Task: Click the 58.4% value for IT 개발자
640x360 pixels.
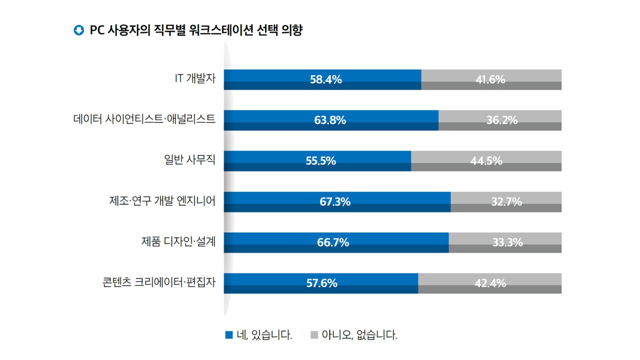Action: tap(325, 79)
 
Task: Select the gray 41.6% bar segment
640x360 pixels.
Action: tap(491, 79)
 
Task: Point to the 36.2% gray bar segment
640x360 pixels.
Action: tap(500, 120)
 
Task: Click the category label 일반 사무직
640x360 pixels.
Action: tap(186, 161)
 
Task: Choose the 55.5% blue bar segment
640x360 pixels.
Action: tap(317, 161)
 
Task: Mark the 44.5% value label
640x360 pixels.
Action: tap(486, 161)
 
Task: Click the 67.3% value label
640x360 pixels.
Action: tap(335, 202)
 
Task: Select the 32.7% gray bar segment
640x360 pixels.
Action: tap(506, 202)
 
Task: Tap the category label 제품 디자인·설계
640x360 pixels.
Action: tap(178, 242)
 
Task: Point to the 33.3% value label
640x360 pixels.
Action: tap(507, 242)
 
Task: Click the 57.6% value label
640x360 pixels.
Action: tap(321, 283)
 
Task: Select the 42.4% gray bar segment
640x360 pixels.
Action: tap(489, 283)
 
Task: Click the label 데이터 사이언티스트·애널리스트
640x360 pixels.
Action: tap(144, 120)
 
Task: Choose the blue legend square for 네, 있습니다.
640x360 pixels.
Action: tap(229, 334)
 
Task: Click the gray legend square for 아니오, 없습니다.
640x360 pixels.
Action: tap(314, 334)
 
